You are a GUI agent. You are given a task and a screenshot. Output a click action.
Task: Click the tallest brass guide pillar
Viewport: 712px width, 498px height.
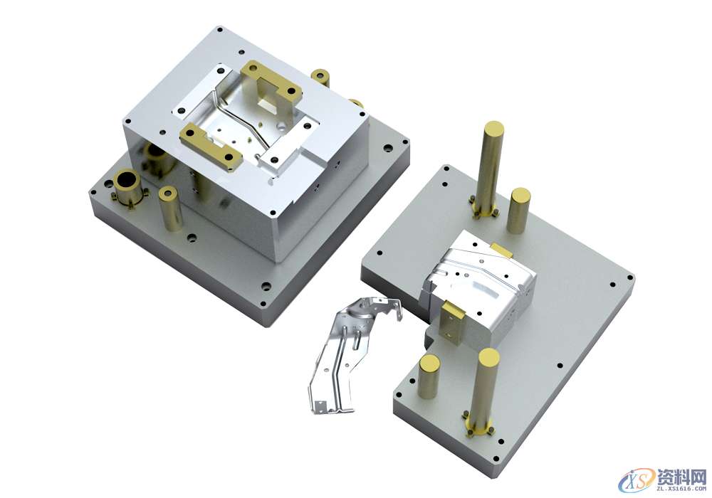[488, 168]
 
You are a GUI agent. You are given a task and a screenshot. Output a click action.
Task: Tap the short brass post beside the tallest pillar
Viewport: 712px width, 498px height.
[519, 211]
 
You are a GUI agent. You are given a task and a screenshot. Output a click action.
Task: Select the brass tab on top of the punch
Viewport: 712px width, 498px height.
[501, 250]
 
